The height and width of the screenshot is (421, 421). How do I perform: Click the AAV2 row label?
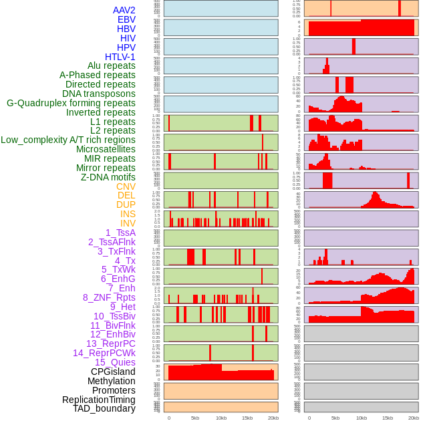pyautogui.click(x=124, y=10)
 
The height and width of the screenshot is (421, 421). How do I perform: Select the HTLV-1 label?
pyautogui.click(x=120, y=57)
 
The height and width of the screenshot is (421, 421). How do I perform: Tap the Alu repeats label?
pyautogui.click(x=111, y=65)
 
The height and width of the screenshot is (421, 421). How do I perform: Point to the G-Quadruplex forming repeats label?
pyautogui.click(x=71, y=103)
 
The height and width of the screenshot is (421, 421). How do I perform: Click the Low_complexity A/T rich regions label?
pyautogui.click(x=68, y=140)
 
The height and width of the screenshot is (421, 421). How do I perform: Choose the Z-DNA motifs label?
pyautogui.click(x=108, y=177)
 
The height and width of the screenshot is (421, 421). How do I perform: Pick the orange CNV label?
pyautogui.click(x=126, y=186)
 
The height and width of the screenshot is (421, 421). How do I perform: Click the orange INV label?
pyautogui.click(x=128, y=223)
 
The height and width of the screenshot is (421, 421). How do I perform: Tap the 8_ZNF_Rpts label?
pyautogui.click(x=109, y=297)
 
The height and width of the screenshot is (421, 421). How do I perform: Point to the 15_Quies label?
pyautogui.click(x=115, y=362)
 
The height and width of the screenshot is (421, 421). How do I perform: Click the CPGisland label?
pyautogui.click(x=113, y=372)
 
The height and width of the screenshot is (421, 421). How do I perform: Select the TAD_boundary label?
pyautogui.click(x=104, y=408)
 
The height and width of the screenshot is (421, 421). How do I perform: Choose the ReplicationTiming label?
pyautogui.click(x=98, y=400)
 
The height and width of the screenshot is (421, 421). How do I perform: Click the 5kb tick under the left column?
pyautogui.click(x=195, y=418)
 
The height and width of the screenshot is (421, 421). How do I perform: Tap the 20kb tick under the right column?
pyautogui.click(x=414, y=418)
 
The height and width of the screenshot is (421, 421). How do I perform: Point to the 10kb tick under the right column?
pyautogui.click(x=362, y=418)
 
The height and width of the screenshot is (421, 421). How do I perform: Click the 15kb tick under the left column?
pyautogui.click(x=247, y=418)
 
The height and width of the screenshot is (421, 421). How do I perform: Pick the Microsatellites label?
pyautogui.click(x=106, y=149)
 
